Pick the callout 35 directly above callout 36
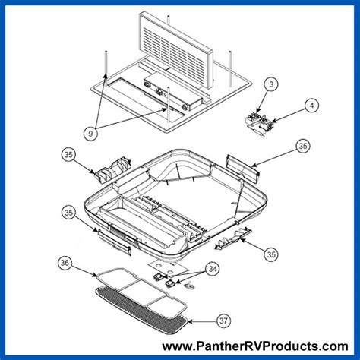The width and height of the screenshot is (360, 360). (69, 213)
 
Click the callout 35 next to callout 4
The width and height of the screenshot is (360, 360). (302, 145)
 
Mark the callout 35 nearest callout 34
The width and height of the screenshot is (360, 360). (270, 252)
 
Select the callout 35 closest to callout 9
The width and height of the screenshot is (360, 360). (69, 156)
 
